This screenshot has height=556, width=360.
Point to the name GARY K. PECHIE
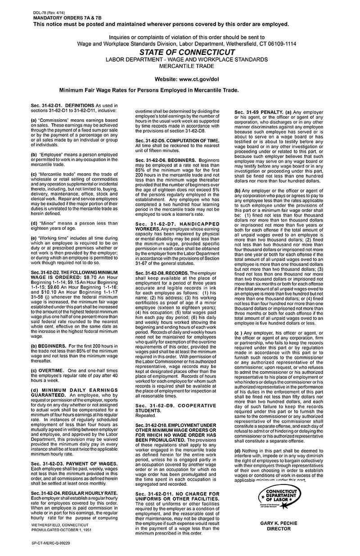pyautogui.click(x=279, y=524)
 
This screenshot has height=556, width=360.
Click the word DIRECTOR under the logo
pyautogui.click(x=279, y=529)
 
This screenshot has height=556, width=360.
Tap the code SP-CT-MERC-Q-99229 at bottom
pyautogui.click(x=51, y=543)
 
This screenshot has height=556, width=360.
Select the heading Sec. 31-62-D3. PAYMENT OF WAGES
pyautogui.click(x=74, y=463)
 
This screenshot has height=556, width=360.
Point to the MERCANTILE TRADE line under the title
pyautogui.click(x=187, y=66)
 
